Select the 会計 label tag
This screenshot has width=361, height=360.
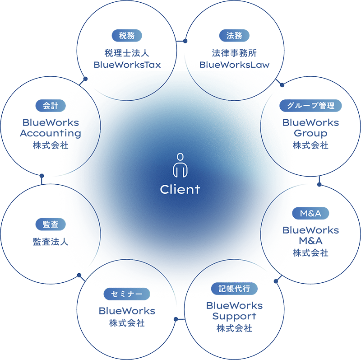click(x=47, y=106)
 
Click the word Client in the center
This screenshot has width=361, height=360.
click(x=180, y=189)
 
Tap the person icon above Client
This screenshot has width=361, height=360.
click(x=180, y=166)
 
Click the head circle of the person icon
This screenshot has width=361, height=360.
click(x=180, y=156)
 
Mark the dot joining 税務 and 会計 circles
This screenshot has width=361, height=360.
click(x=85, y=78)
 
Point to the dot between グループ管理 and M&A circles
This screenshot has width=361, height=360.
click(x=319, y=184)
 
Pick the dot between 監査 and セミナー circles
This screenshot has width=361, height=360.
click(x=79, y=274)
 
